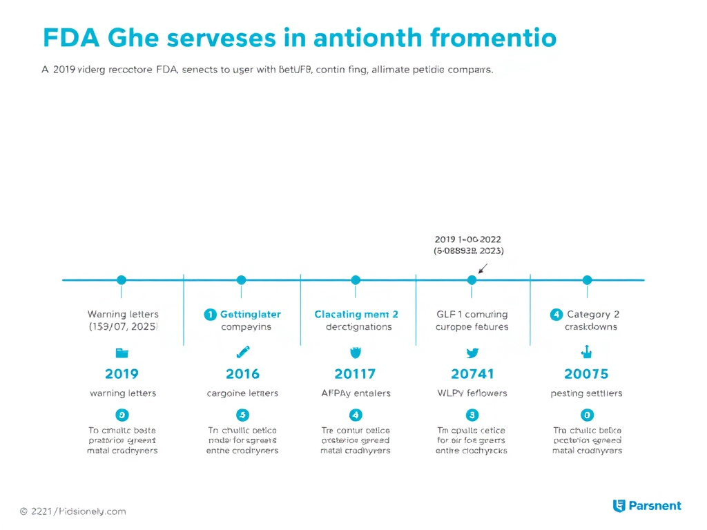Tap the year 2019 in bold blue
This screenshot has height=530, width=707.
coord(122,374)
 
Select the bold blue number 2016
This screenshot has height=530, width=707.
coord(242,374)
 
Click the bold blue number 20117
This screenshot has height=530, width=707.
coord(355,374)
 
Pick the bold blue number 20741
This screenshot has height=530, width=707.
coord(472,374)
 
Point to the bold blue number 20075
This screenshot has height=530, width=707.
coord(586,374)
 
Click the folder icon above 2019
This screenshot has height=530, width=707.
coord(122,353)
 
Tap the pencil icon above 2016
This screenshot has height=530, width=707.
coord(242,352)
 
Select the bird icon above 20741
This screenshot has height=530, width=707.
coord(472,353)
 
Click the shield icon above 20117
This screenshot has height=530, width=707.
coord(356,353)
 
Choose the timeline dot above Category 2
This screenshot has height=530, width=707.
coord(587,279)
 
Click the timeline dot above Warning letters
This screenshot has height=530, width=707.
coord(122,279)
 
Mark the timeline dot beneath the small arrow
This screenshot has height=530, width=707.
coord(472,279)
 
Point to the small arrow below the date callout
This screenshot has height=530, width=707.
coord(483,267)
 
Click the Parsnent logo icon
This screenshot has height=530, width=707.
coord(619,506)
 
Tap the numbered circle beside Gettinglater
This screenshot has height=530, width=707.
coord(211,314)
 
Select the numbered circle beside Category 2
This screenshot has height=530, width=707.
coord(556,314)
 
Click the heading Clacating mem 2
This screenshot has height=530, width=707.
coord(356,314)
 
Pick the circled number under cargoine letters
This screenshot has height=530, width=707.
coord(242,415)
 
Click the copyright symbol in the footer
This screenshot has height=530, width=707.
coord(24,511)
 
